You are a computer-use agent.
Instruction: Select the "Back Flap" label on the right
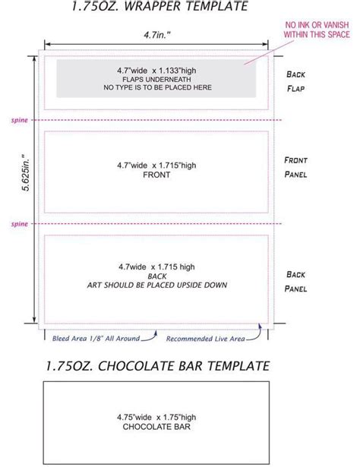point(295,80)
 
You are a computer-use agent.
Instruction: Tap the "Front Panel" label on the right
point(295,167)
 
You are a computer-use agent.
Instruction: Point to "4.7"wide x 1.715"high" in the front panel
point(155,163)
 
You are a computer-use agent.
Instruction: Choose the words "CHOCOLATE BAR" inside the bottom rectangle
point(155,427)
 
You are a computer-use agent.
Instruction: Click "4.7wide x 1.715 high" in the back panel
point(155,267)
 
